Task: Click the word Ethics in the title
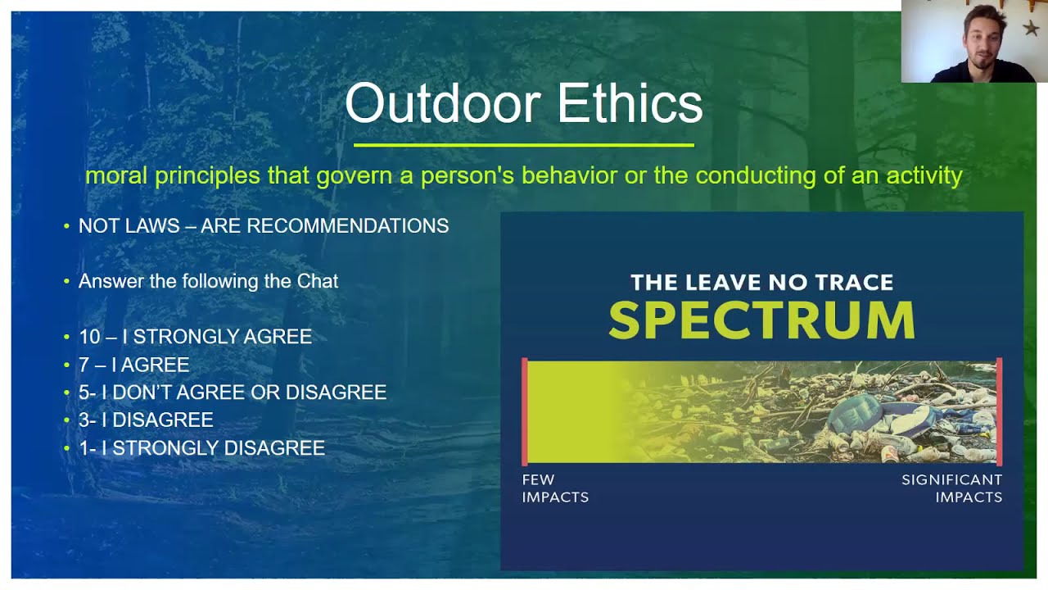pos(630,104)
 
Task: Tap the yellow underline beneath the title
pos(524,145)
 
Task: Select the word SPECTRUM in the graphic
pos(761,320)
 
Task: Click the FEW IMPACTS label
pos(555,488)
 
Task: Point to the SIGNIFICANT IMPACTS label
pos(951,488)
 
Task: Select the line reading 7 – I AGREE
pos(133,365)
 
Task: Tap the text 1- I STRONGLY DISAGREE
pos(201,448)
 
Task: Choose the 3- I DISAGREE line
pos(146,420)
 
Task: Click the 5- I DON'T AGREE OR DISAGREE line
pos(232,393)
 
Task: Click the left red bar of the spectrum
pos(525,411)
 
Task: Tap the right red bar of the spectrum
pos(999,411)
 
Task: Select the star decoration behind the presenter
pos(1031,29)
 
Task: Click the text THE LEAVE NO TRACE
pos(761,283)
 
